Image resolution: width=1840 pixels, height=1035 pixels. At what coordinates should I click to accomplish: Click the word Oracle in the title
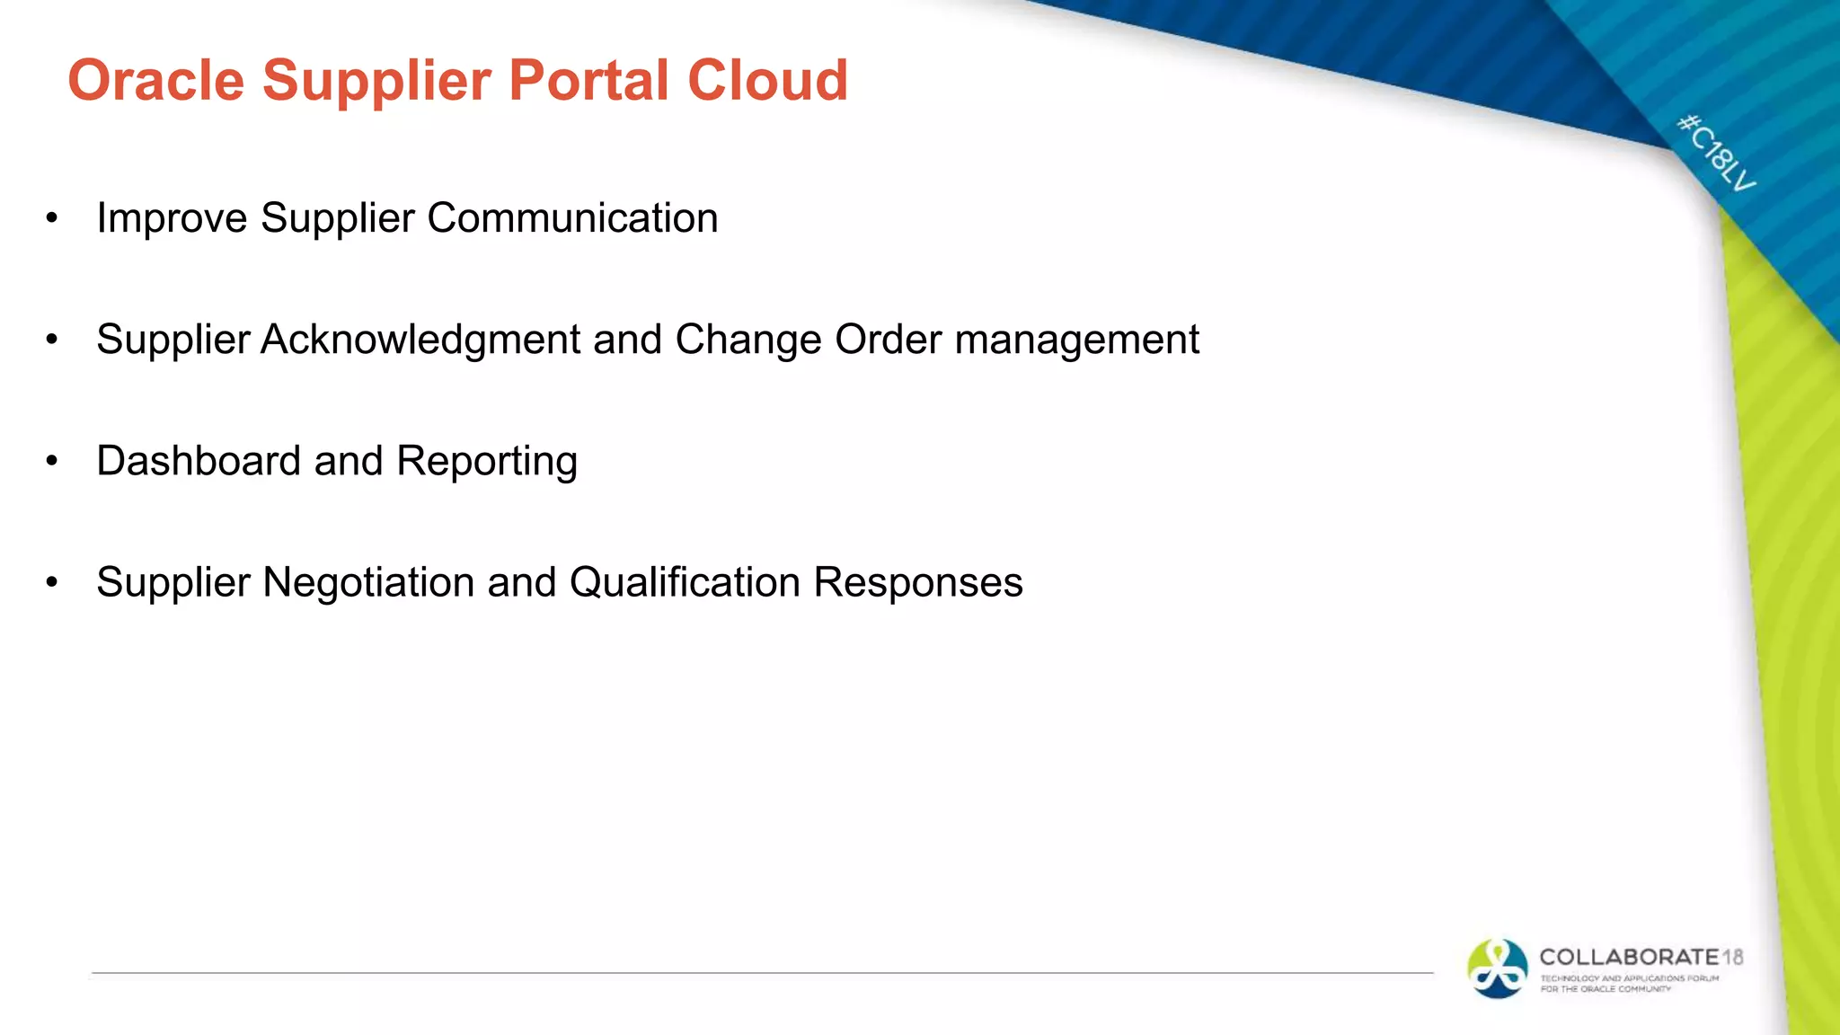click(x=155, y=81)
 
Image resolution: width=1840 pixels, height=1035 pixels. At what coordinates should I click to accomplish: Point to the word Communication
click(x=572, y=218)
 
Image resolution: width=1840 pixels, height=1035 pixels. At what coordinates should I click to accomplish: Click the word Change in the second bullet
click(x=747, y=340)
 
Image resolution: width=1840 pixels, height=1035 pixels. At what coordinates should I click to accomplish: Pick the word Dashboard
click(x=198, y=461)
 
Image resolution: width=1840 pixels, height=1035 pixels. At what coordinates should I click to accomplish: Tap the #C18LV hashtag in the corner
click(x=1716, y=153)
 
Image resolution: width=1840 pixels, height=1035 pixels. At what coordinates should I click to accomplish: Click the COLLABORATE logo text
click(x=1628, y=957)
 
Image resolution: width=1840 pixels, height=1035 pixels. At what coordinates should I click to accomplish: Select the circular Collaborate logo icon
click(x=1497, y=969)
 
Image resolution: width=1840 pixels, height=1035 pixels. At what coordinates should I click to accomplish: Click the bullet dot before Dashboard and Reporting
click(x=52, y=462)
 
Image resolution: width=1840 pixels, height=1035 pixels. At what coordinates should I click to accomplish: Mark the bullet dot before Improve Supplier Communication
click(x=52, y=219)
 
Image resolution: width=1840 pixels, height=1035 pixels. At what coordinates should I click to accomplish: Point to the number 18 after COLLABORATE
click(x=1732, y=957)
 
